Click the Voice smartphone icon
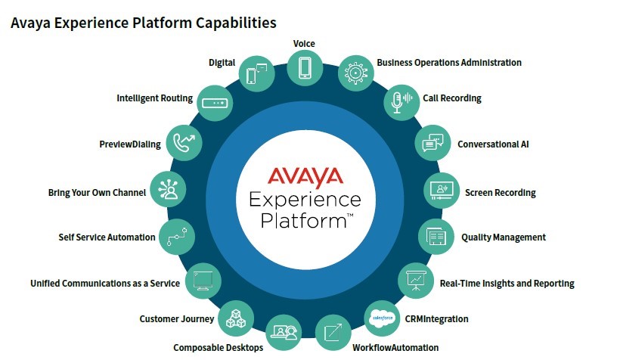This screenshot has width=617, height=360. coord(305,66)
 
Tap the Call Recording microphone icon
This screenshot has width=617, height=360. coord(401,101)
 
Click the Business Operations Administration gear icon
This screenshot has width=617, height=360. coord(354,73)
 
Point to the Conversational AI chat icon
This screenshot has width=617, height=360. coord(432,143)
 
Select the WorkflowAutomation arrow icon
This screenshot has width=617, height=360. coord(333,331)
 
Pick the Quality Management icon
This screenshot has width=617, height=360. coord(436,237)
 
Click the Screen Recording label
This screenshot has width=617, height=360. coord(500,193)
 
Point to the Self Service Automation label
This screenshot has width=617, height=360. coord(107,237)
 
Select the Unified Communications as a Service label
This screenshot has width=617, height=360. coord(105,284)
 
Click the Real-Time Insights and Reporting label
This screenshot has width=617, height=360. coord(507,284)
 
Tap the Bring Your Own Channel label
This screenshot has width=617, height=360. coord(97,193)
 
